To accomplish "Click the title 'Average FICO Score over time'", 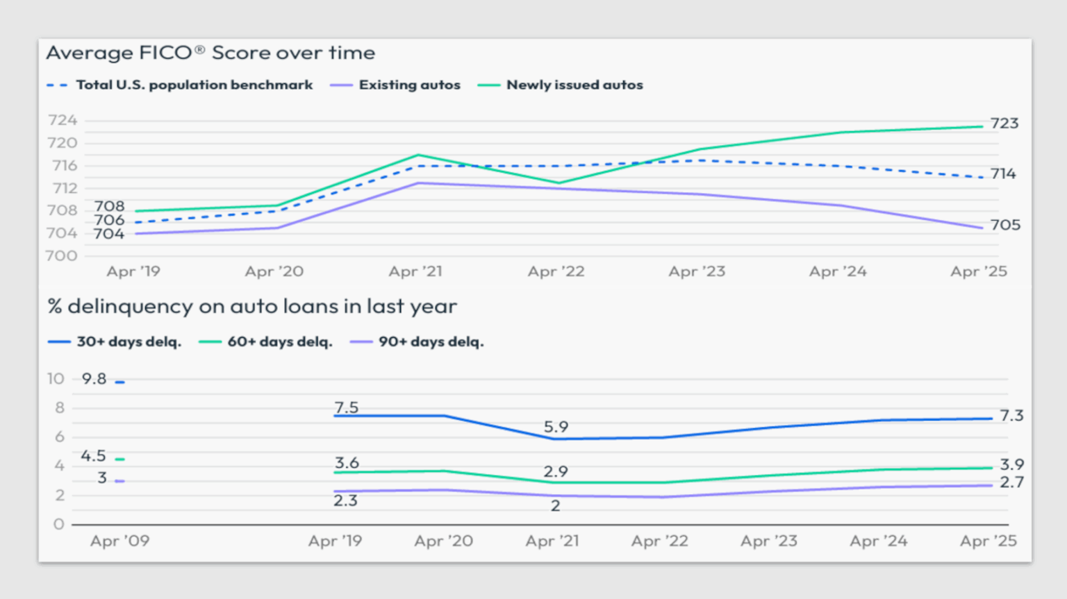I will click(x=210, y=53).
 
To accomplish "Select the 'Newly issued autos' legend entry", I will click(x=574, y=85).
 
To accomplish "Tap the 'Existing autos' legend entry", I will click(x=409, y=85).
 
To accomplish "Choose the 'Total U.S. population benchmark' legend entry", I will click(x=194, y=85).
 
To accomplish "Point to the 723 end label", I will click(x=1004, y=124).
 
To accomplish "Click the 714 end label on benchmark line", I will click(x=1003, y=174).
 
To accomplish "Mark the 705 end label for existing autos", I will click(x=1004, y=225).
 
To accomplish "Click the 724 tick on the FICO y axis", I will click(x=62, y=121).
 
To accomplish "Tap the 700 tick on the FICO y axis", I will click(x=62, y=255).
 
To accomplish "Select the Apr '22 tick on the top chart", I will click(x=556, y=271).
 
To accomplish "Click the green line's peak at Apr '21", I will click(x=418, y=155).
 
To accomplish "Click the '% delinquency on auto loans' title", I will click(x=252, y=306).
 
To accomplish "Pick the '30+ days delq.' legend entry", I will click(x=129, y=341).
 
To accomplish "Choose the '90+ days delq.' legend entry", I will click(x=431, y=341).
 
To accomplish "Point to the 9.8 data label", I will click(x=94, y=379).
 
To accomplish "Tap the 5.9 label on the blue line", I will click(x=556, y=427).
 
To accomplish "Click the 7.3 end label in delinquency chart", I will click(x=1011, y=416).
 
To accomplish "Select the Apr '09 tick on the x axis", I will click(x=119, y=541).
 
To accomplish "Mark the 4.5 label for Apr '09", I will click(x=93, y=456).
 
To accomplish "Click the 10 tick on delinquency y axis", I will click(x=56, y=379).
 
